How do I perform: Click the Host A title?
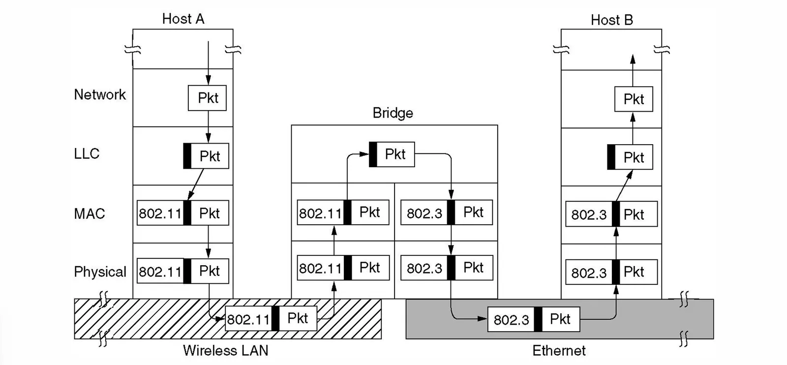183,19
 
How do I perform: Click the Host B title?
611,20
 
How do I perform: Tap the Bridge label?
393,113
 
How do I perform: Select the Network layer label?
100,94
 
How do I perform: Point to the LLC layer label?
87,153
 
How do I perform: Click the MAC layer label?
90,213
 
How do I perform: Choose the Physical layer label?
100,272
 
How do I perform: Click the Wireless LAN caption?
225,351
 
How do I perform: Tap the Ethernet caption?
559,351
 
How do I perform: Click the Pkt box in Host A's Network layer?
207,98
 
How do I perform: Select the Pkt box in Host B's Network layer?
634,99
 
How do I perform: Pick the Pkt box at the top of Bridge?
392,154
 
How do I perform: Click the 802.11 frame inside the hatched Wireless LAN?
271,319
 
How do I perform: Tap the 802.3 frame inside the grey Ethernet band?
534,319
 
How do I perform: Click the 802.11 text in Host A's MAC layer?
160,213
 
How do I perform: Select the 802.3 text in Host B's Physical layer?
588,273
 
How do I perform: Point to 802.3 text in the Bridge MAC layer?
424,213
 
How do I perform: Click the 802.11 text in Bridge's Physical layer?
320,269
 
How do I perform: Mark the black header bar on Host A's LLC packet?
187,156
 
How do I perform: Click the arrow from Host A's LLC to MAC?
196,185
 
